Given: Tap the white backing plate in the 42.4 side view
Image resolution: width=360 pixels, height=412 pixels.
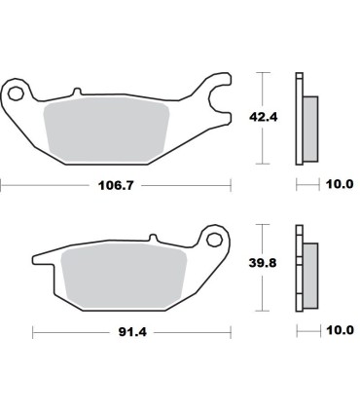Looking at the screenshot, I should [299, 117].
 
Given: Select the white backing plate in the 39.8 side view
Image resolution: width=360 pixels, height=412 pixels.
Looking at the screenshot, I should [299, 265].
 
